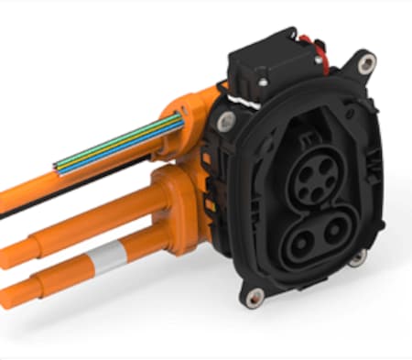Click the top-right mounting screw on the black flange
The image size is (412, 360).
coord(366,63)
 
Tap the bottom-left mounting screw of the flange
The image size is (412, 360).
coord(255,295)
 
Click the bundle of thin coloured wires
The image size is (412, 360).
coord(110,150)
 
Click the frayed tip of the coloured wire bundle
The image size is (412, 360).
coord(58,167)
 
